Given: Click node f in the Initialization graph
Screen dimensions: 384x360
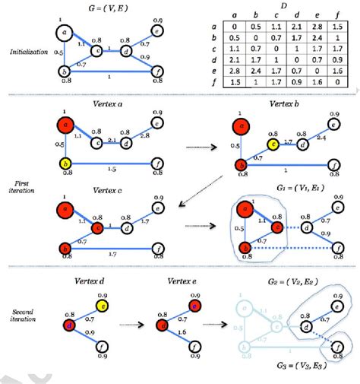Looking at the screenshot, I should point(158,72).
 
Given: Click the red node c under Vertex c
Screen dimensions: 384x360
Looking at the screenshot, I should point(97,227).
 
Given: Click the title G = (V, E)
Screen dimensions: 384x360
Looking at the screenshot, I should point(112,8).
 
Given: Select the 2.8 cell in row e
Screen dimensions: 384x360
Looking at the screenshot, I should point(241,68).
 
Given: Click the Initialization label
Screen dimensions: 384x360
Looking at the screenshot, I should point(27,52).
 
